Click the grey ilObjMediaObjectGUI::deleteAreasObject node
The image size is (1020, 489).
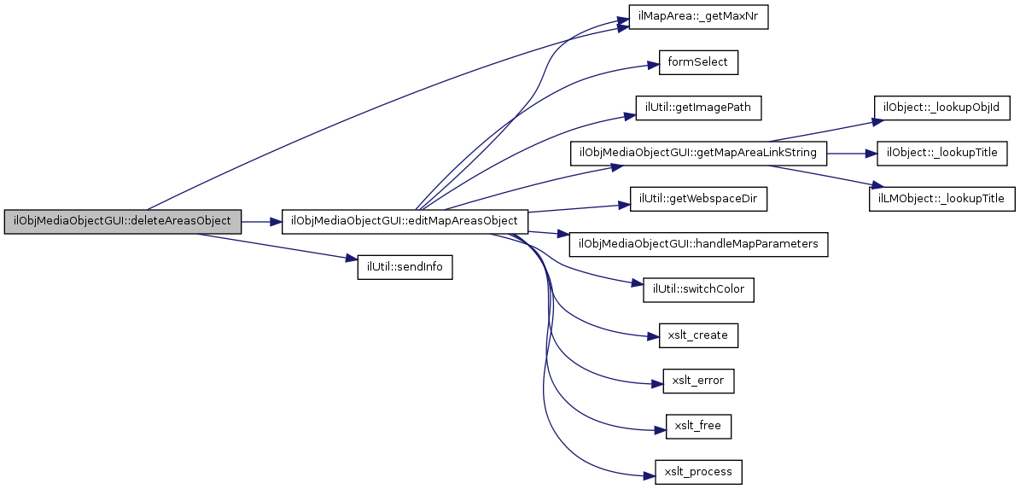[123, 222]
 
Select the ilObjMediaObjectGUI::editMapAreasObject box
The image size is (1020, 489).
[404, 222]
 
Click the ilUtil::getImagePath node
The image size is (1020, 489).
[699, 108]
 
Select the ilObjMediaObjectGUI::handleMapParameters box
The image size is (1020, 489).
[699, 243]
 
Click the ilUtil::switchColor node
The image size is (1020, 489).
[699, 289]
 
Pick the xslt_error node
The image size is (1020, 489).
[699, 381]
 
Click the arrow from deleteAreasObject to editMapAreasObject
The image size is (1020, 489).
[261, 222]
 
